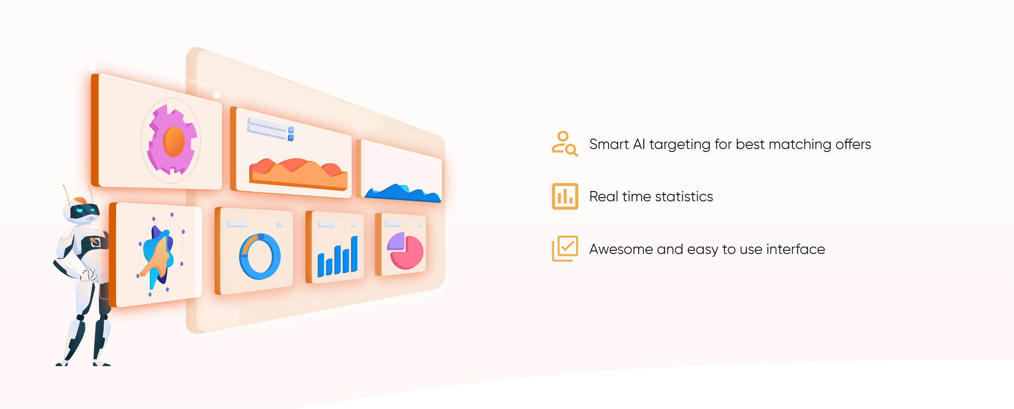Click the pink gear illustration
172,139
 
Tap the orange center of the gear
174,141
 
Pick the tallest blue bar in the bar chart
354,254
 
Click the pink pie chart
406,251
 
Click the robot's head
81,210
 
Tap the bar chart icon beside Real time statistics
565,196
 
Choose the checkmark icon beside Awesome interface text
565,248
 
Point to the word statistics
684,197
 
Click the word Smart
609,144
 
